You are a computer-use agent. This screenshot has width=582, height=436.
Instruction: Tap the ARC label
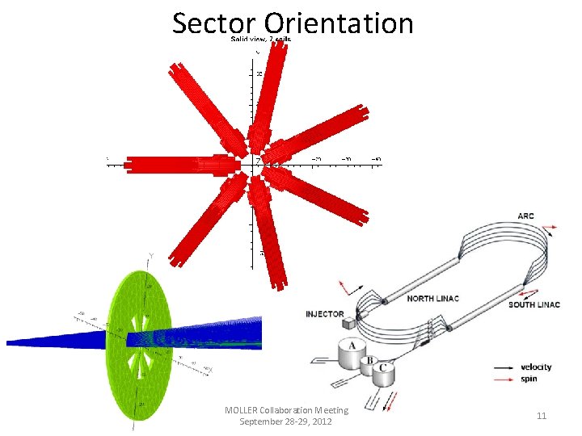point(525,216)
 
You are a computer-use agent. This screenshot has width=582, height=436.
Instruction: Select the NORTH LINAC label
point(432,299)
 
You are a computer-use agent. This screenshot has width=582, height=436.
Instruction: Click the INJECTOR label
point(325,313)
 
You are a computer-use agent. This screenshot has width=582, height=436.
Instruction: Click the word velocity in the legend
point(537,367)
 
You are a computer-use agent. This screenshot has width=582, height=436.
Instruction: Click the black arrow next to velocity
point(506,367)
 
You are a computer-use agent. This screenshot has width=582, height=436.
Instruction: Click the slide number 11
point(542,415)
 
